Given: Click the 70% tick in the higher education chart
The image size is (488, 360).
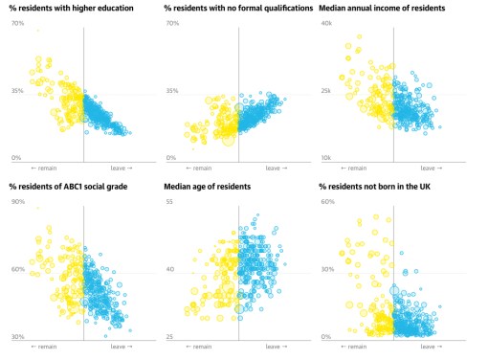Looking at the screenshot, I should click(x=17, y=22).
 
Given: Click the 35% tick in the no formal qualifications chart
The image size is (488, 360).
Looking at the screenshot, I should click(x=172, y=91).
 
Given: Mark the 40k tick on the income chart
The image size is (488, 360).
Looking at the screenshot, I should click(x=326, y=22).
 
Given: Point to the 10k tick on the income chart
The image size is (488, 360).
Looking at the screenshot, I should click(x=326, y=157).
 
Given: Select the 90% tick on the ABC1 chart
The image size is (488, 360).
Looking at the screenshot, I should click(x=17, y=202).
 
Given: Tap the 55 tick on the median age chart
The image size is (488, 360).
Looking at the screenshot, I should click(x=169, y=202).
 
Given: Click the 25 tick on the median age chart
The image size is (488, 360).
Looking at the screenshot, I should click(x=169, y=337).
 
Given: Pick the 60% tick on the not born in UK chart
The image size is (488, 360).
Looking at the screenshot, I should click(x=327, y=202).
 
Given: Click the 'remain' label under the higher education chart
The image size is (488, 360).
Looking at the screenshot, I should click(x=45, y=169).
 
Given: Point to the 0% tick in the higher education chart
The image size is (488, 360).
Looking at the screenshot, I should click(x=16, y=157).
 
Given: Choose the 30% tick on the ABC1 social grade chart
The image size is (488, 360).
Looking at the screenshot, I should click(x=17, y=337).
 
